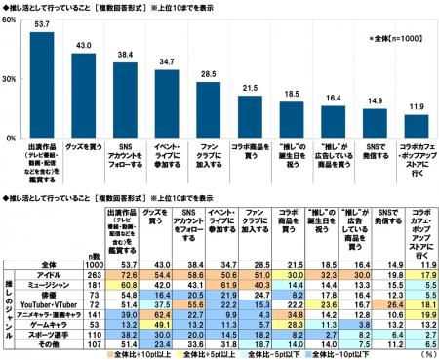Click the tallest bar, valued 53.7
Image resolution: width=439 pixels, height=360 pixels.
(x=41, y=87)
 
